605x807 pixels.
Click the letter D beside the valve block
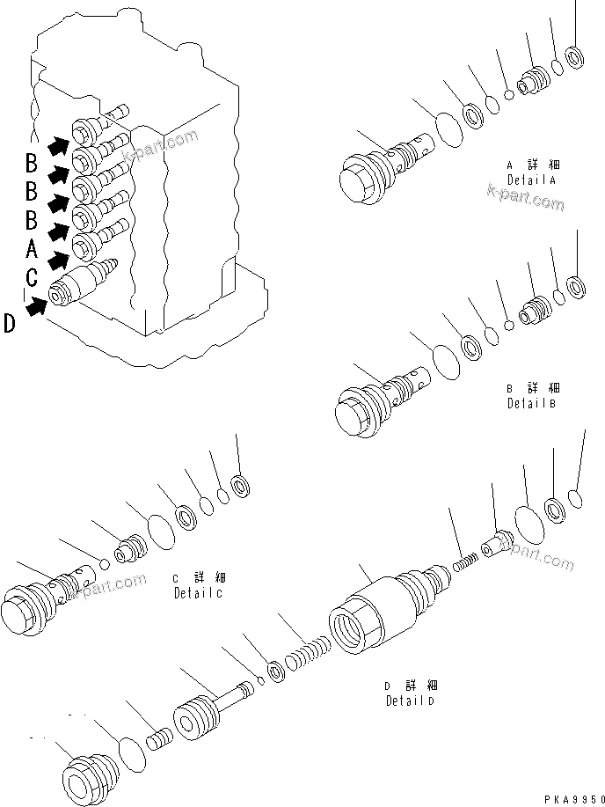9,324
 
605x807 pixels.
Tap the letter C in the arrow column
32,278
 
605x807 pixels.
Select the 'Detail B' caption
532,403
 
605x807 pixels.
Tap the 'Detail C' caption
198,593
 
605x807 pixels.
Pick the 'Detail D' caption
411,701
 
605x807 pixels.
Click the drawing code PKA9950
567,796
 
